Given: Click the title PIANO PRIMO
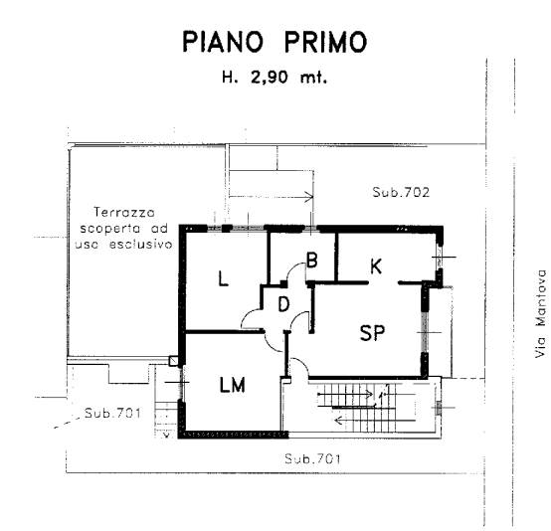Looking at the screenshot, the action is (x=275, y=42).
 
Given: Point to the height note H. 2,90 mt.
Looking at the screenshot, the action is (x=275, y=77).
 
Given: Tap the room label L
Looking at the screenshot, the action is (x=223, y=278).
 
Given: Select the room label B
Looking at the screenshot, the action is (x=311, y=261).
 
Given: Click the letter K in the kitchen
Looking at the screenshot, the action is (x=376, y=266).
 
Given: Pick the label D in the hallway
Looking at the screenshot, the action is (x=283, y=304).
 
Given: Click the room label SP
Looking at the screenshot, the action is (x=372, y=332).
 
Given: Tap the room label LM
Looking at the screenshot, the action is (x=233, y=385).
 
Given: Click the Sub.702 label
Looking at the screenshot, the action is (x=401, y=192).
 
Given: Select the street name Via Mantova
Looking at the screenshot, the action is (x=541, y=313).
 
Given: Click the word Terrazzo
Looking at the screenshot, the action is (x=124, y=212).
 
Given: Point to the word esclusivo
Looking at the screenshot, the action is (x=140, y=244).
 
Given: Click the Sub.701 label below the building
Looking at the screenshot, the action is (x=312, y=459).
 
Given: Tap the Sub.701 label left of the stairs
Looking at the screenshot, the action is (x=112, y=413).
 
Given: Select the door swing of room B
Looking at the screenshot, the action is (x=296, y=271).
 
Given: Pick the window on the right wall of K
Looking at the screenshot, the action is (x=440, y=257).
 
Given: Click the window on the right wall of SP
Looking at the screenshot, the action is (x=425, y=332).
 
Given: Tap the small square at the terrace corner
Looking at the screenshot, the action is (x=174, y=361).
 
